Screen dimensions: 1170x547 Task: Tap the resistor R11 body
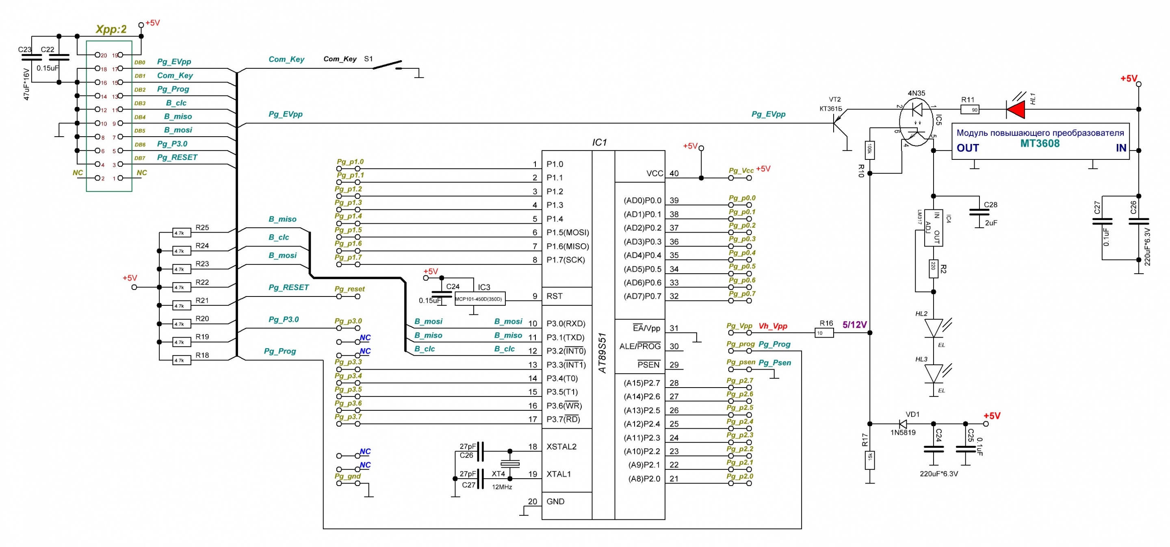click(970, 109)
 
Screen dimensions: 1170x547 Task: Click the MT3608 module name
click(1040, 144)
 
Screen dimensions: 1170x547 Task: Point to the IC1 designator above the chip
click(599, 142)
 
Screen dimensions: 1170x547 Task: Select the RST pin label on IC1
click(554, 296)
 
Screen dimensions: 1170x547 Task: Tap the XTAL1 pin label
click(559, 474)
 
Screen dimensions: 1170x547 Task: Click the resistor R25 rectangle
click(182, 233)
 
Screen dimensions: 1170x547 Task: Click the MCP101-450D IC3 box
click(480, 299)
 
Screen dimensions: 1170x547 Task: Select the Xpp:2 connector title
click(111, 29)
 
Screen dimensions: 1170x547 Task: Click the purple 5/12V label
click(854, 325)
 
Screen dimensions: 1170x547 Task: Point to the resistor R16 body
click(824, 333)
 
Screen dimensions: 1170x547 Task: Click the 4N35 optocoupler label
click(916, 93)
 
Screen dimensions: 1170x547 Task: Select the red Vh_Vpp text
click(773, 326)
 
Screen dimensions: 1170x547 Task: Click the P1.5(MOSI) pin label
click(568, 232)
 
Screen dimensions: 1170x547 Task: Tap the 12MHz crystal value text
click(502, 487)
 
